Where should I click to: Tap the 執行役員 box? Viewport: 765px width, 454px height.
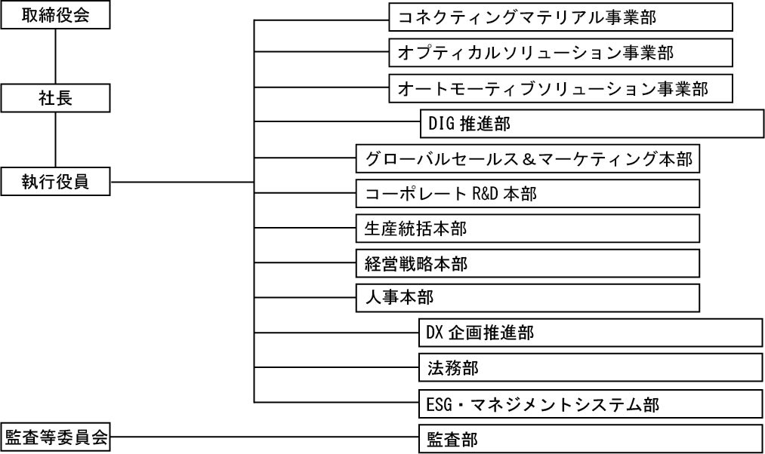[56, 182]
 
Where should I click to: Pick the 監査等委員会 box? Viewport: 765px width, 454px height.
[56, 438]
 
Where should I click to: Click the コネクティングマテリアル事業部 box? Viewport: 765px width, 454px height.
[560, 17]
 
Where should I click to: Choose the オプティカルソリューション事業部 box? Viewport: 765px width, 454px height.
[560, 53]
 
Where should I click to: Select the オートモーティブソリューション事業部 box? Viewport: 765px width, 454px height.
[560, 88]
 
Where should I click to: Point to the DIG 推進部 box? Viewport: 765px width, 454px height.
[591, 124]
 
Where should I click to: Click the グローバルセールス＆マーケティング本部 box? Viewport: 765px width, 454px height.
[527, 159]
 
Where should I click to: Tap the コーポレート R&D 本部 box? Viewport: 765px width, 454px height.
[527, 194]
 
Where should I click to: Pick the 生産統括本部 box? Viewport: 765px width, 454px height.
[527, 229]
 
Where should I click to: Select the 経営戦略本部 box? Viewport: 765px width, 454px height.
[527, 263]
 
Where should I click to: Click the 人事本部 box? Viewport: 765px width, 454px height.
[527, 298]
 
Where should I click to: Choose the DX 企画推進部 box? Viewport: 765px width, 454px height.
[590, 333]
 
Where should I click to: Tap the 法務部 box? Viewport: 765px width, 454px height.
[590, 368]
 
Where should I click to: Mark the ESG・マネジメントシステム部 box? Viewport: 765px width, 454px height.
[590, 403]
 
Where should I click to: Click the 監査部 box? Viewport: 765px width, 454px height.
[590, 438]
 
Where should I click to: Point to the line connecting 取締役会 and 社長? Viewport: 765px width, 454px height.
[56, 57]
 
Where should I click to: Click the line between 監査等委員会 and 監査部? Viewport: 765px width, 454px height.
[264, 437]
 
